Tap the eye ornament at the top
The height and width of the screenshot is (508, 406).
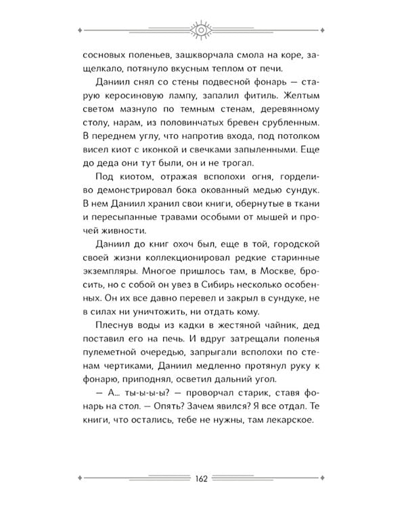coord(203,30)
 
